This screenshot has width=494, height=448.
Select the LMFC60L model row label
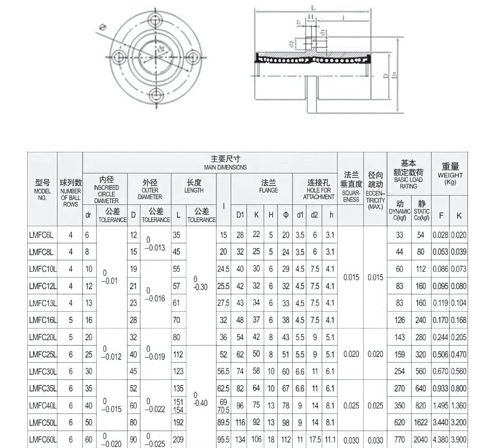click(42, 439)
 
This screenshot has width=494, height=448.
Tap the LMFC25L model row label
click(42, 354)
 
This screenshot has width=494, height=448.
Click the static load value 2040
click(420, 439)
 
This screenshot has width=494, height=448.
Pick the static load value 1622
click(420, 422)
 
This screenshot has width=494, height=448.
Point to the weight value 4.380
click(440, 439)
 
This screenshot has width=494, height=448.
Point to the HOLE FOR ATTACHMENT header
click(319, 190)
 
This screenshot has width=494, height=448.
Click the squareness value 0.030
click(351, 439)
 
